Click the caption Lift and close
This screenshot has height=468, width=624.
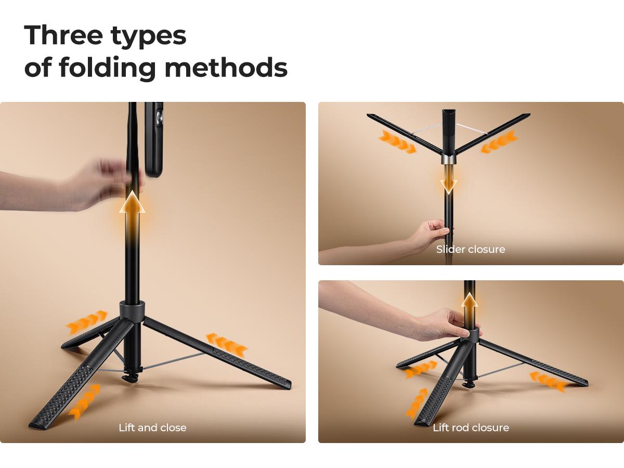[152, 427]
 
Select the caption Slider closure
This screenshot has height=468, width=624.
[471, 249]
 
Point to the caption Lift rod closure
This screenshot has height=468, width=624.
[471, 427]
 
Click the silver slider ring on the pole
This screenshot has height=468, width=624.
[448, 159]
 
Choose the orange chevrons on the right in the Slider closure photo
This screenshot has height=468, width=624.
[499, 142]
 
